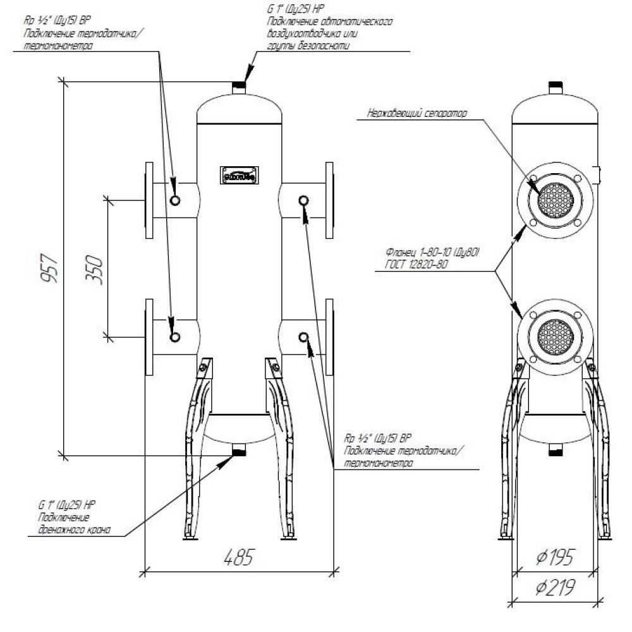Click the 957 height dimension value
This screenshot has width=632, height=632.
[x=53, y=269]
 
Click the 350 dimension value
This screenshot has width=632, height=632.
[x=94, y=269]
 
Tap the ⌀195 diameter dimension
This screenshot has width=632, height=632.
[x=554, y=557]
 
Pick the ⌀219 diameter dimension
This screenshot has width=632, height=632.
[x=554, y=588]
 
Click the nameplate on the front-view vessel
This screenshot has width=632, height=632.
[x=239, y=175]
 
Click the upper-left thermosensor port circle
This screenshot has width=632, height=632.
[x=175, y=200]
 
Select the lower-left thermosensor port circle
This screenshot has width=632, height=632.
[x=175, y=336]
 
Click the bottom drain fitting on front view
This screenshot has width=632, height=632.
[x=239, y=451]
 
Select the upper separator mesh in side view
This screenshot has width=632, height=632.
[x=555, y=200]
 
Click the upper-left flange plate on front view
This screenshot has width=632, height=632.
[x=149, y=200]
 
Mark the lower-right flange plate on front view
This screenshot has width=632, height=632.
[x=329, y=336]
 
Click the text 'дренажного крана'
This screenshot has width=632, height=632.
[x=70, y=530]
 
